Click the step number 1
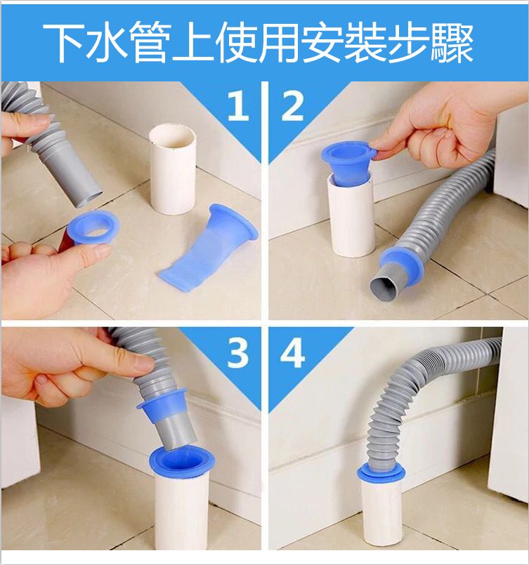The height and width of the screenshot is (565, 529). coord(238,105)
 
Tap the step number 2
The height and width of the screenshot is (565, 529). coord(292,105)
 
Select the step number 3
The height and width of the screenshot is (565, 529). coord(238,354)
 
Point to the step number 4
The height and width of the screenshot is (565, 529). coord(292,354)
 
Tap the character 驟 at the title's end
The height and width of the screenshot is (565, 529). coord(452,44)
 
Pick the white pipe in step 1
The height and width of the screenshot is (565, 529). coord(173,168)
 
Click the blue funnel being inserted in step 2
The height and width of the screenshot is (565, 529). coord(346,162)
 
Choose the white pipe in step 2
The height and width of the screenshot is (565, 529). coord(351,216)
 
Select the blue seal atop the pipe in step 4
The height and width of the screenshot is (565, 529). coord(381,473)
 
